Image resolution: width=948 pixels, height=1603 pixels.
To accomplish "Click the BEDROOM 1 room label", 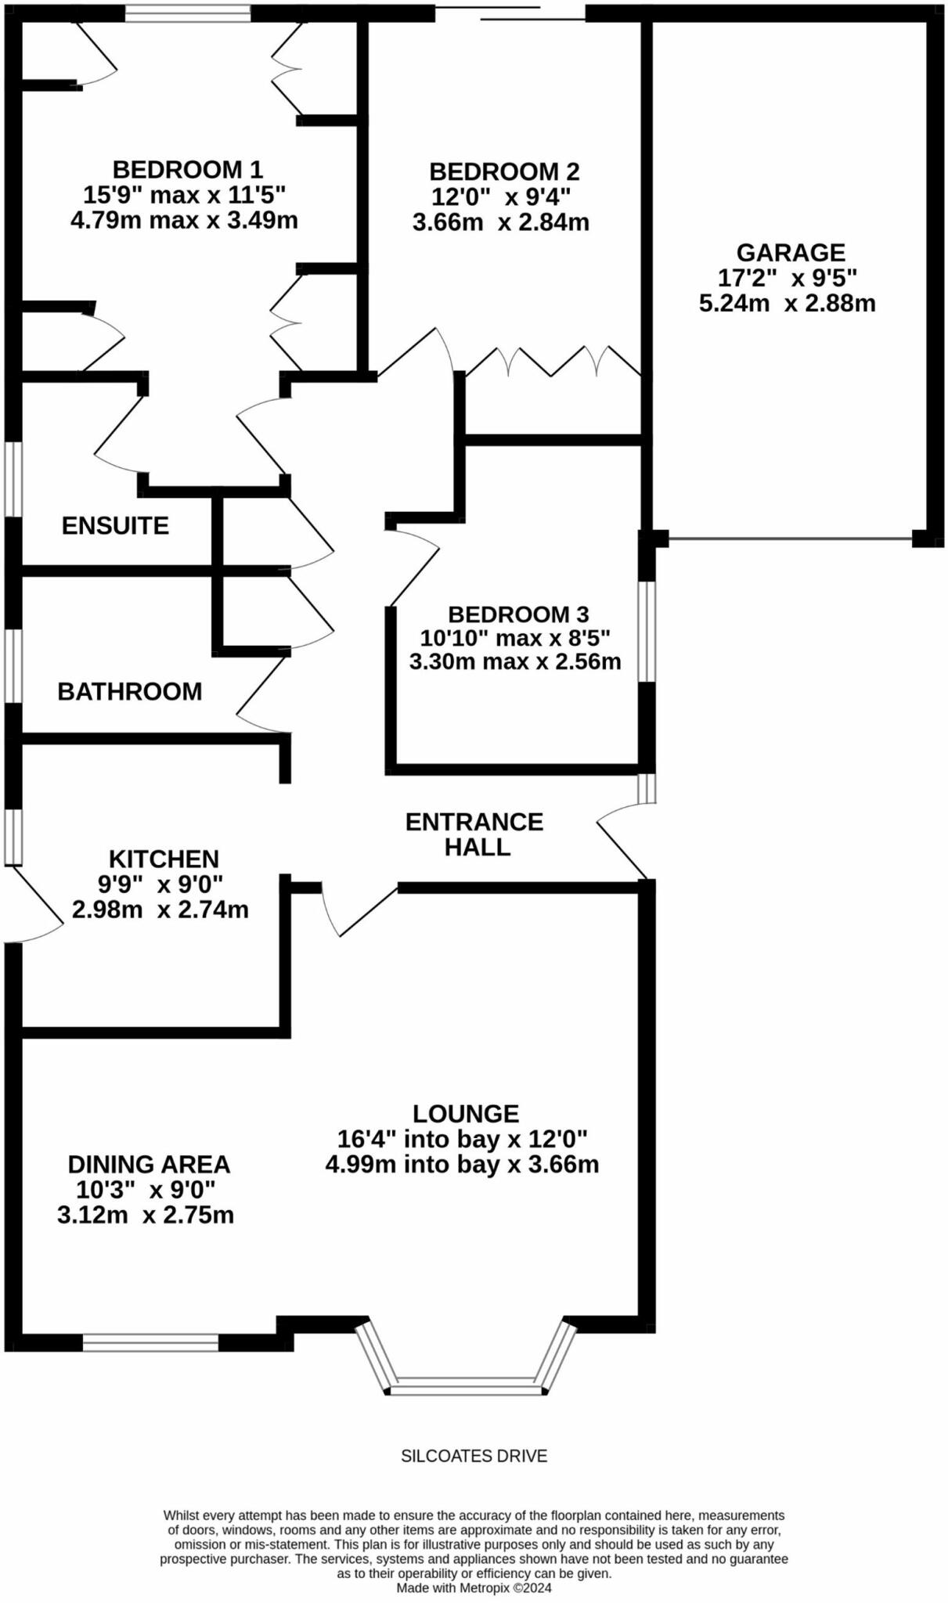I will [188, 169].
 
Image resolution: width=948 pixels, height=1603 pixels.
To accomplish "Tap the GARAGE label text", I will [791, 252].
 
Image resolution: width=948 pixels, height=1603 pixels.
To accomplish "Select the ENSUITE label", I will [115, 525].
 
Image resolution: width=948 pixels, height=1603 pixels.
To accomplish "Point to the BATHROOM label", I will [130, 691].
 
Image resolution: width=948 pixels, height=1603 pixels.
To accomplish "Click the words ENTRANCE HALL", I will [474, 834].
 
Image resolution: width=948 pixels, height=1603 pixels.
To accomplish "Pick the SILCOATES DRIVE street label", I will [474, 1456].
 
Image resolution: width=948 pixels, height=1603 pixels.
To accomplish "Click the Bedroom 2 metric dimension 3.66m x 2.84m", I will [501, 222].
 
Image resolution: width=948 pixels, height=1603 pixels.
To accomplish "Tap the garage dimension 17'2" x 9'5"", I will [788, 277].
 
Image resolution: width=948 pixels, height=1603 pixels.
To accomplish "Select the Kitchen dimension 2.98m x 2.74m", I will [160, 910].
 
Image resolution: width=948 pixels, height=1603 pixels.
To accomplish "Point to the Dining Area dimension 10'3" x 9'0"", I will [146, 1190].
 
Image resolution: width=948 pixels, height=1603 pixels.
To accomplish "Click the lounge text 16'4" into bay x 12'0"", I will [462, 1138].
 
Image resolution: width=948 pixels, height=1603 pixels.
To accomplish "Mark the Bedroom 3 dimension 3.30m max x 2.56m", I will [515, 661].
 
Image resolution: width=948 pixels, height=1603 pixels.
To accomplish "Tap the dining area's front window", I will [150, 1342].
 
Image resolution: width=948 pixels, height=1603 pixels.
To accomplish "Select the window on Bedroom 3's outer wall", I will [647, 631].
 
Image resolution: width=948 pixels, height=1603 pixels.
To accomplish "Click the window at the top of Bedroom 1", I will [188, 13].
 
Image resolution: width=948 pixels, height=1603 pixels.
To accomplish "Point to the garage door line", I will [790, 539].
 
